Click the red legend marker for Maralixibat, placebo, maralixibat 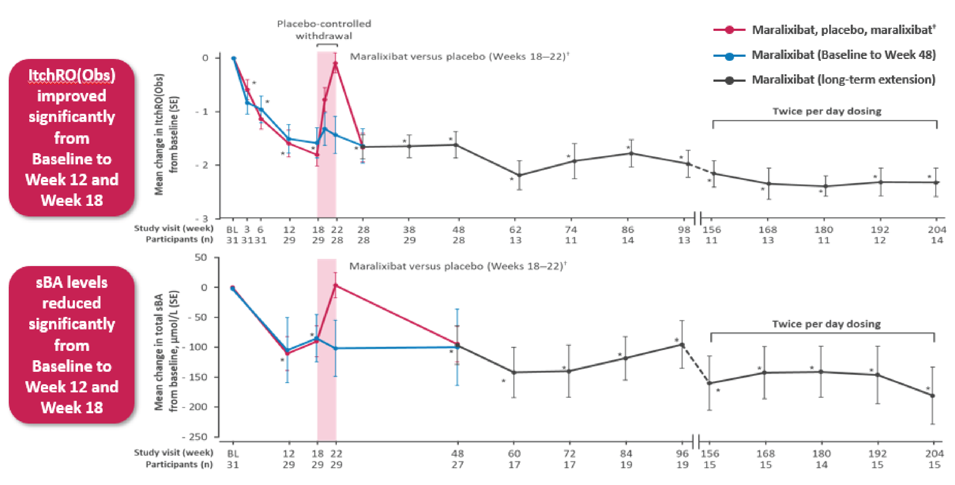[x=729, y=30]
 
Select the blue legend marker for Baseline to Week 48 [x=729, y=56]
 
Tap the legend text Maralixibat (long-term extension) [x=843, y=80]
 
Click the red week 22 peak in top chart [x=335, y=64]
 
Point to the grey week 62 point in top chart [x=519, y=175]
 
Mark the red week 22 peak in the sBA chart [x=335, y=285]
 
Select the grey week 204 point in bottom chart [x=933, y=396]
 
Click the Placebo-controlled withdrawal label [x=324, y=30]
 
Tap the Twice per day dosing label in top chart [x=827, y=111]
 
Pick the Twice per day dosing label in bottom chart [x=826, y=324]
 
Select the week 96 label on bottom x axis [x=682, y=453]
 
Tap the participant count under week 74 [x=571, y=240]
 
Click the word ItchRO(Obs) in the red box [x=72, y=75]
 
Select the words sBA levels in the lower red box [x=71, y=282]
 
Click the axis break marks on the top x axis [x=697, y=218]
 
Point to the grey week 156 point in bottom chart [x=709, y=383]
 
